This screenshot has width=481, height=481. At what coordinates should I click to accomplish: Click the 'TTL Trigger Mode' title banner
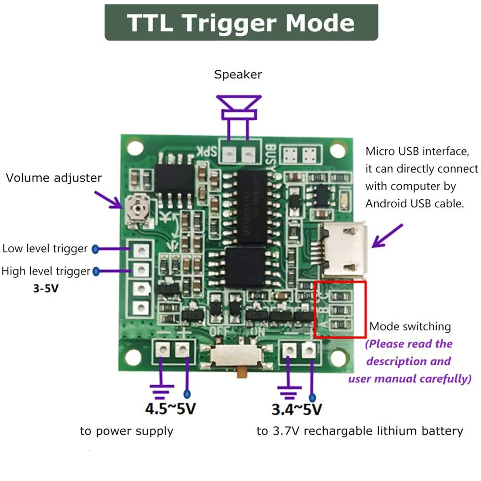coord(241,23)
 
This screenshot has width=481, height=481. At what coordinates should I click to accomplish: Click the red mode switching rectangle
coord(340,309)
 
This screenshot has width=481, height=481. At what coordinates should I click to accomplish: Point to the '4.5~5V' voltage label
coord(170,409)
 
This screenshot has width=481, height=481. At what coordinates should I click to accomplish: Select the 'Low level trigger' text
coord(45,249)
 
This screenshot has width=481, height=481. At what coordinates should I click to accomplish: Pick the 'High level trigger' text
coord(46,271)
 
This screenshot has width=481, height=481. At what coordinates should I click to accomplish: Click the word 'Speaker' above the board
coord(238,75)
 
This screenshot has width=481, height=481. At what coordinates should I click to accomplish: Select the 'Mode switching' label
coord(410,327)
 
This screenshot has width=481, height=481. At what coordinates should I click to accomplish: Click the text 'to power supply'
coord(127,430)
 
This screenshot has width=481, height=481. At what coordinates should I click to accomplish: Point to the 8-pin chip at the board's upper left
coord(175,177)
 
